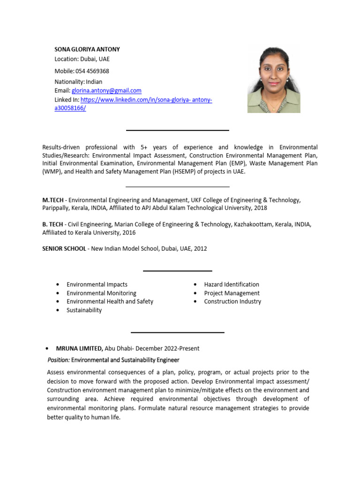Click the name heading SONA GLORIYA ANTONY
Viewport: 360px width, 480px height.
[x=87, y=49]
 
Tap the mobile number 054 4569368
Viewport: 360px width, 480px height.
[x=92, y=71]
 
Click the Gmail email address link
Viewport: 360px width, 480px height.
[x=106, y=90]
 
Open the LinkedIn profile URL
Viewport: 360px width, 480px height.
[x=146, y=100]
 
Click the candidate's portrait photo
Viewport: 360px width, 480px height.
[x=274, y=80]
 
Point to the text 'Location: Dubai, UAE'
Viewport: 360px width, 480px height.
[x=82, y=59]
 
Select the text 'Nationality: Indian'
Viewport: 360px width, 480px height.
[x=78, y=82]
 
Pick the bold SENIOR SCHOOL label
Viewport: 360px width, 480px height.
[x=64, y=248]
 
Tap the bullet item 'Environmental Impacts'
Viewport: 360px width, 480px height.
[x=97, y=285]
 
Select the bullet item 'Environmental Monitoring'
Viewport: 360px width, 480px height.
[x=101, y=293]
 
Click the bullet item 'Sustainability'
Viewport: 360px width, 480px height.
[x=84, y=310]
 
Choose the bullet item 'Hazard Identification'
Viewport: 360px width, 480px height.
[x=232, y=285]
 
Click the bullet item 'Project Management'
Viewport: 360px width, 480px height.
[x=232, y=293]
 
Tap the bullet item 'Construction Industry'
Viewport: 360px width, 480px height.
[x=232, y=301]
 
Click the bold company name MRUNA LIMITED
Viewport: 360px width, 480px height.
[x=79, y=348]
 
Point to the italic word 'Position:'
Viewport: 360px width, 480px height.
[x=59, y=360]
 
